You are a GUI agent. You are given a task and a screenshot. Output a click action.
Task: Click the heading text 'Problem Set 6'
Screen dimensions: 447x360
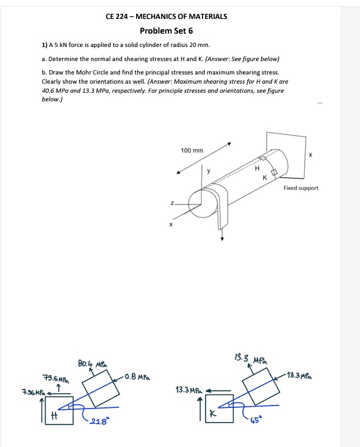166,31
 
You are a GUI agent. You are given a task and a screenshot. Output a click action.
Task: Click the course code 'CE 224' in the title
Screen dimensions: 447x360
116,16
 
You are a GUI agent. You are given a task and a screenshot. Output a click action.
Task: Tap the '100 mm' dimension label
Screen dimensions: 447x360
192,150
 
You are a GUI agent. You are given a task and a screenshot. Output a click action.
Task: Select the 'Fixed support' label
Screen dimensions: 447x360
301,188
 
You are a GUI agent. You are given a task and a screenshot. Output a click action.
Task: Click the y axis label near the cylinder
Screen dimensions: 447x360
208,172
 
